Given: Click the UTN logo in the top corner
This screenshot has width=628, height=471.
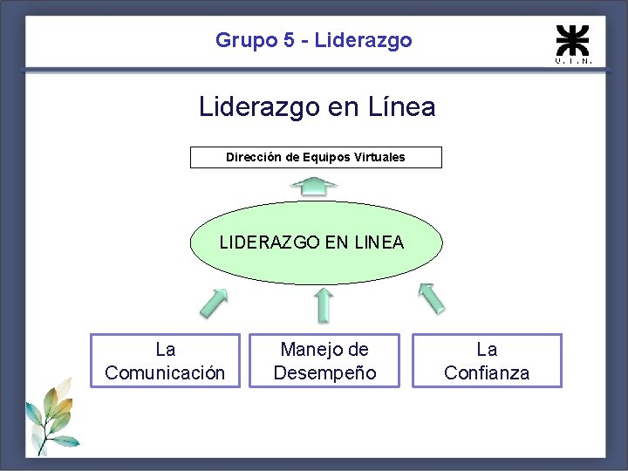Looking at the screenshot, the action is tap(573, 44).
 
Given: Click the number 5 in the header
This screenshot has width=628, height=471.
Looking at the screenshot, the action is tap(289, 40).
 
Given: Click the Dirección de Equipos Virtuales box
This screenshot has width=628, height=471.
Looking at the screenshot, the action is tap(316, 158).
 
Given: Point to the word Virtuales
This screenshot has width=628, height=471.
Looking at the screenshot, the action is tap(380, 158).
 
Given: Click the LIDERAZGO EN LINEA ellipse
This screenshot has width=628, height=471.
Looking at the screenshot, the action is tap(316, 243).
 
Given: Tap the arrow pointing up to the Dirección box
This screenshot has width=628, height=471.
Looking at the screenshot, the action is tap(314, 185).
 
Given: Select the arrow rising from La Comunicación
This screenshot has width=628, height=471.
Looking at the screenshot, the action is tap(214, 303).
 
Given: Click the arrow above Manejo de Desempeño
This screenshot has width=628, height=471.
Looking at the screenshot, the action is tap(324, 304).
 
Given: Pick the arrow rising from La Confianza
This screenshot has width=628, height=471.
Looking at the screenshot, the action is tap(431, 297).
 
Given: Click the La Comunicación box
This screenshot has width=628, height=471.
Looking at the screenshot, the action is tap(165, 361).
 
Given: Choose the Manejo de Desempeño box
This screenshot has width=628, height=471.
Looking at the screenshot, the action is tap(324, 361).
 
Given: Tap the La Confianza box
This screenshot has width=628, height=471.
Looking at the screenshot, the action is tap(487, 361).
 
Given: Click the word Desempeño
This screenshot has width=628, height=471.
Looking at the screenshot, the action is tap(324, 373).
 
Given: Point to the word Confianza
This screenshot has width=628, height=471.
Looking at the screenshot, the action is tap(487, 373).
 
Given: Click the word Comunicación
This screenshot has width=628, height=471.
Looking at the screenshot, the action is tap(165, 373).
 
